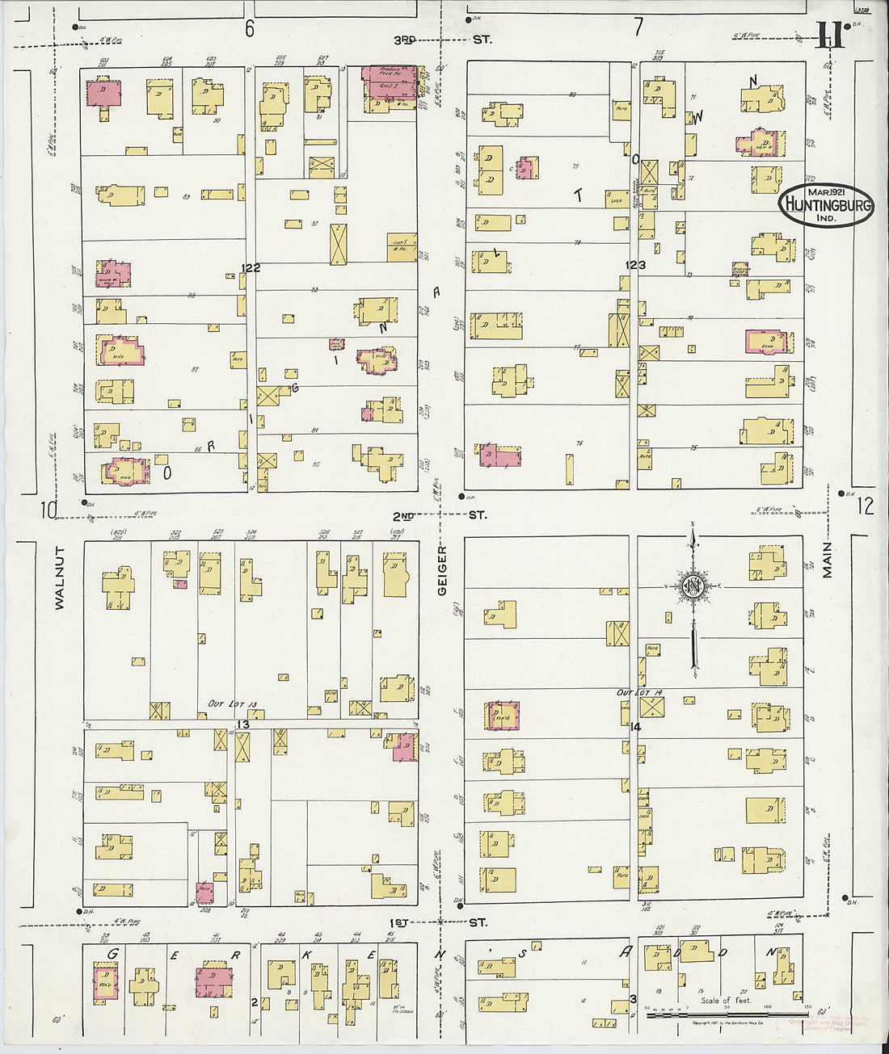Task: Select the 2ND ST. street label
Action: (x=441, y=515)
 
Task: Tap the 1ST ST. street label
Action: (x=440, y=922)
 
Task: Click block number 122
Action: (x=250, y=268)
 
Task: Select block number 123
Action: (x=635, y=265)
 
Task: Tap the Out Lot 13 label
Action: (x=233, y=704)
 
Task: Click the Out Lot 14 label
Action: (x=640, y=693)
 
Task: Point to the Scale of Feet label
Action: (x=725, y=1000)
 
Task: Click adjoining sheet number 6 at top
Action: (x=250, y=29)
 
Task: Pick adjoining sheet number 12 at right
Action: (x=865, y=506)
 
